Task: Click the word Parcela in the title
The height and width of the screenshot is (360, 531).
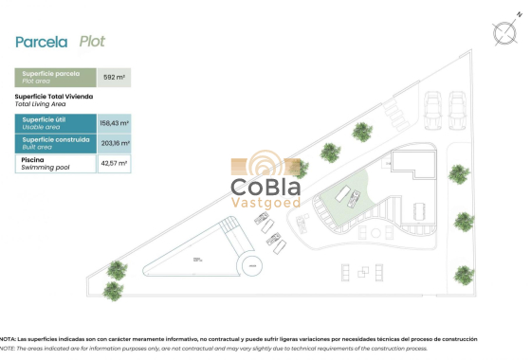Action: pos(42,42)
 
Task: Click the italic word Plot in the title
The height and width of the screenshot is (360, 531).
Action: pos(92,42)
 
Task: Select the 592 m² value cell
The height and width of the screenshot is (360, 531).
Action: pos(114,78)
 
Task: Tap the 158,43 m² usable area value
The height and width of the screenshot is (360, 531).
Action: pos(114,122)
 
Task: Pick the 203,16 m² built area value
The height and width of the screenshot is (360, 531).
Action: pos(114,143)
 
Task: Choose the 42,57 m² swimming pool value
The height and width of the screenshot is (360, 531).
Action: pos(114,164)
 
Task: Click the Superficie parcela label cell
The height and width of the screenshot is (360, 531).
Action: pos(55,78)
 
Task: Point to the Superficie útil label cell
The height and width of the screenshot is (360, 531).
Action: pos(55,122)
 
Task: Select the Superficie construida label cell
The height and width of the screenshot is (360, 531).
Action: pos(55,143)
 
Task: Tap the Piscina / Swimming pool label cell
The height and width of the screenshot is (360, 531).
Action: pos(55,164)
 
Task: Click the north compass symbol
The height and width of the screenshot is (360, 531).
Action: pos(504,32)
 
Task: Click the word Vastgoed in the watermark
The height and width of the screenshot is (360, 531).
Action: pos(266,203)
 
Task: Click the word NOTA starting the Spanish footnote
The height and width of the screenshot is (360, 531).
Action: pos(8,338)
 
